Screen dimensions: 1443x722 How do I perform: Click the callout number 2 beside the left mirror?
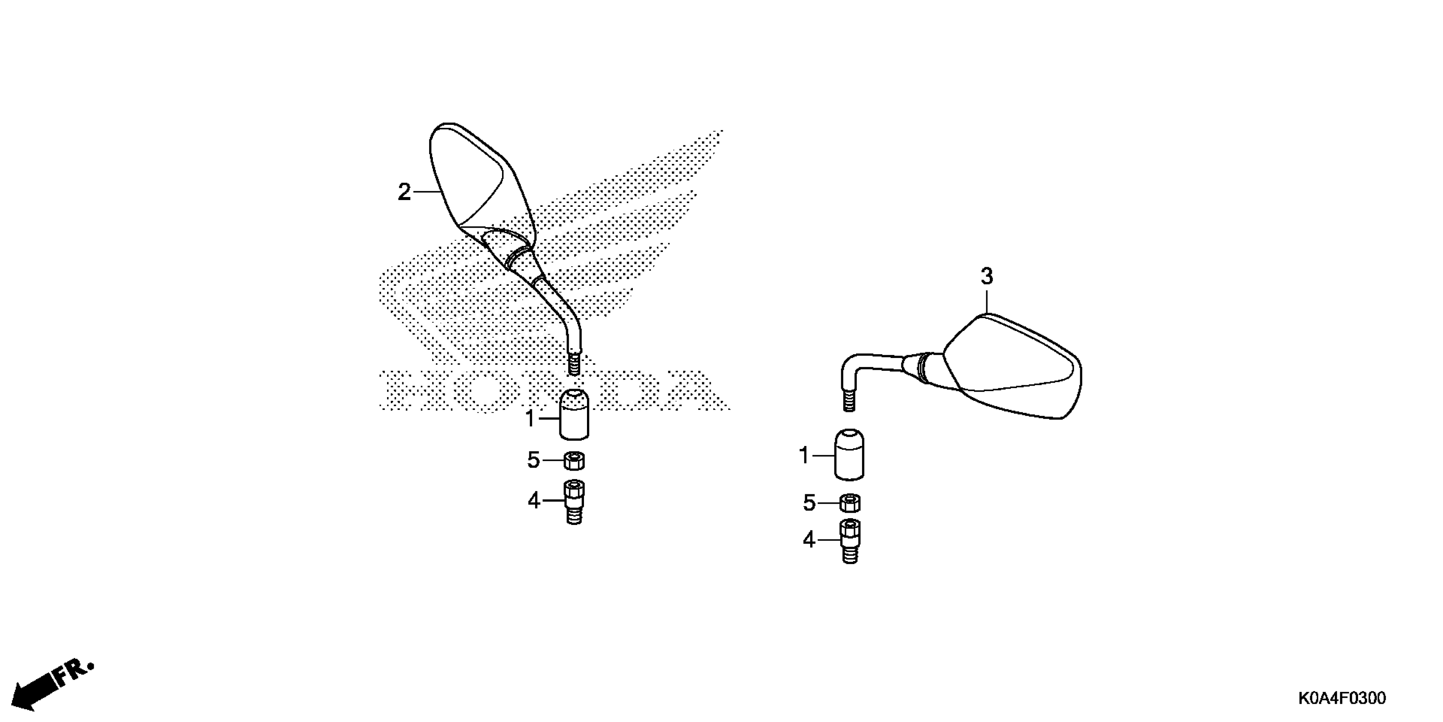[x=404, y=192]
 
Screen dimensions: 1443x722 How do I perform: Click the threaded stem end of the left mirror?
[x=574, y=364]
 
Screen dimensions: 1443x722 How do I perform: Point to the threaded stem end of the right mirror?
[x=849, y=401]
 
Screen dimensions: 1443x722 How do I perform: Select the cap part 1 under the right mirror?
[x=849, y=455]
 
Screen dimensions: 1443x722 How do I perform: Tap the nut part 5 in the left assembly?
[x=574, y=461]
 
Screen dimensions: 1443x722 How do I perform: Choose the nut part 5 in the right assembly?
[x=850, y=503]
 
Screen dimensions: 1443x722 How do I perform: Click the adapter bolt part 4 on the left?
[x=574, y=502]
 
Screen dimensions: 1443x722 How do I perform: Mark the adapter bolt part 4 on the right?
[x=850, y=541]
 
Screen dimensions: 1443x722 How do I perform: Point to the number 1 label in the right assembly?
[x=804, y=456]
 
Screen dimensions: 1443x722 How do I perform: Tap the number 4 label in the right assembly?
[x=809, y=540]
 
